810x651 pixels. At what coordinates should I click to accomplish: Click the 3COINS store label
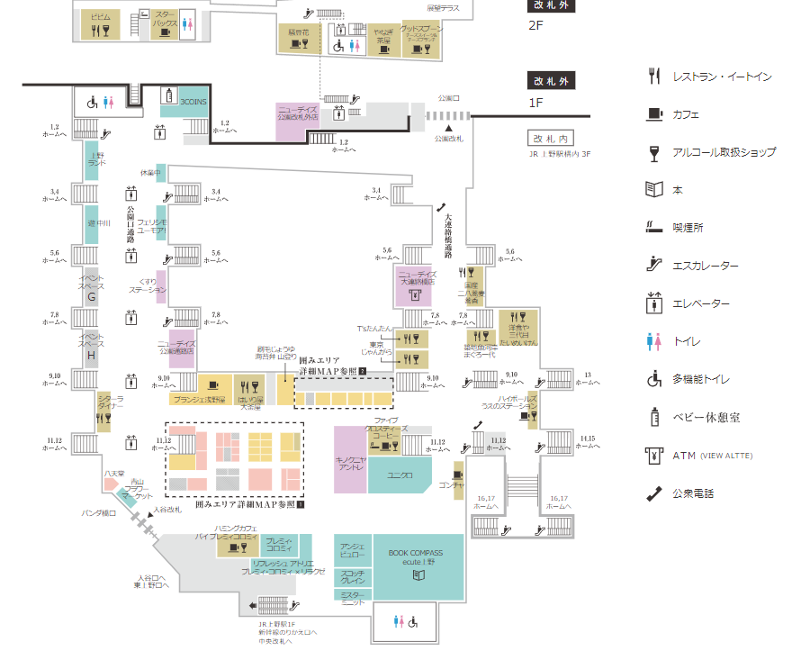193,103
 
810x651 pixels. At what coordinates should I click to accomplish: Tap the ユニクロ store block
400,475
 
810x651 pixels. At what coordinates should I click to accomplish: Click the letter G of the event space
91,296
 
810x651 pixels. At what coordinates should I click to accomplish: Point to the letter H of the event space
91,354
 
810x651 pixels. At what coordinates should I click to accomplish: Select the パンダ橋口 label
99,513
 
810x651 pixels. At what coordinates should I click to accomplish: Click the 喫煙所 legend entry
688,228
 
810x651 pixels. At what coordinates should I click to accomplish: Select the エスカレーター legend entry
706,266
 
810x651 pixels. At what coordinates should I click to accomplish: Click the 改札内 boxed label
550,139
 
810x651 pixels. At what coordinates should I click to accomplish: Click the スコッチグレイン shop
352,575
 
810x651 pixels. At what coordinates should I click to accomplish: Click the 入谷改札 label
167,510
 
